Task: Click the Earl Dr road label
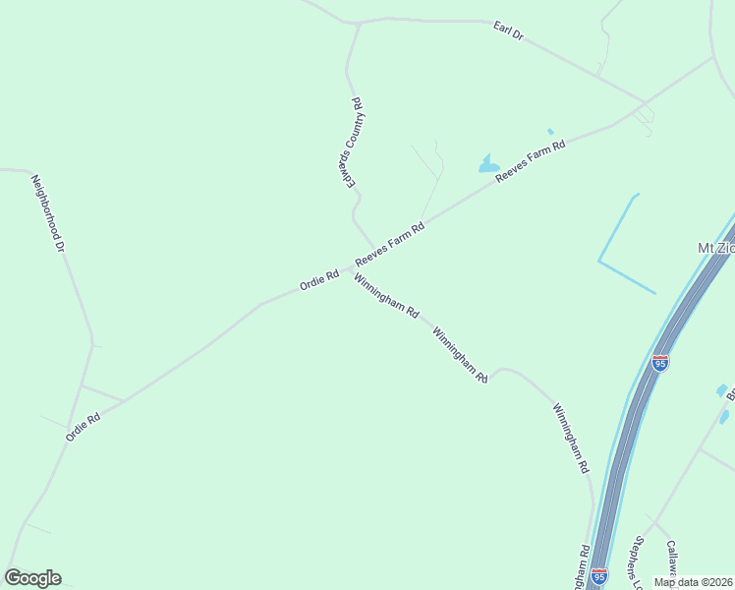pyautogui.click(x=509, y=32)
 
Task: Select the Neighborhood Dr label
pyautogui.click(x=47, y=213)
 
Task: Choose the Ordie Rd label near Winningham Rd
pyautogui.click(x=319, y=279)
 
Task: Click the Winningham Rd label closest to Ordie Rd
pyautogui.click(x=387, y=295)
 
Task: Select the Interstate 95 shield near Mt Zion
pyautogui.click(x=659, y=364)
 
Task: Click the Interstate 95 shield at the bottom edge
pyautogui.click(x=599, y=574)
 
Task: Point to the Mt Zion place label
pyautogui.click(x=715, y=248)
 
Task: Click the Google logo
pyautogui.click(x=32, y=578)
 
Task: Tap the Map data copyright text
pyautogui.click(x=693, y=582)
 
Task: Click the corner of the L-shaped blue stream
pyautogui.click(x=599, y=262)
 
